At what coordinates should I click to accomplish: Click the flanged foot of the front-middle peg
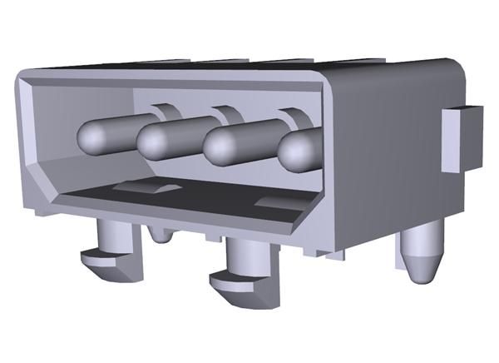[x=237, y=282]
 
